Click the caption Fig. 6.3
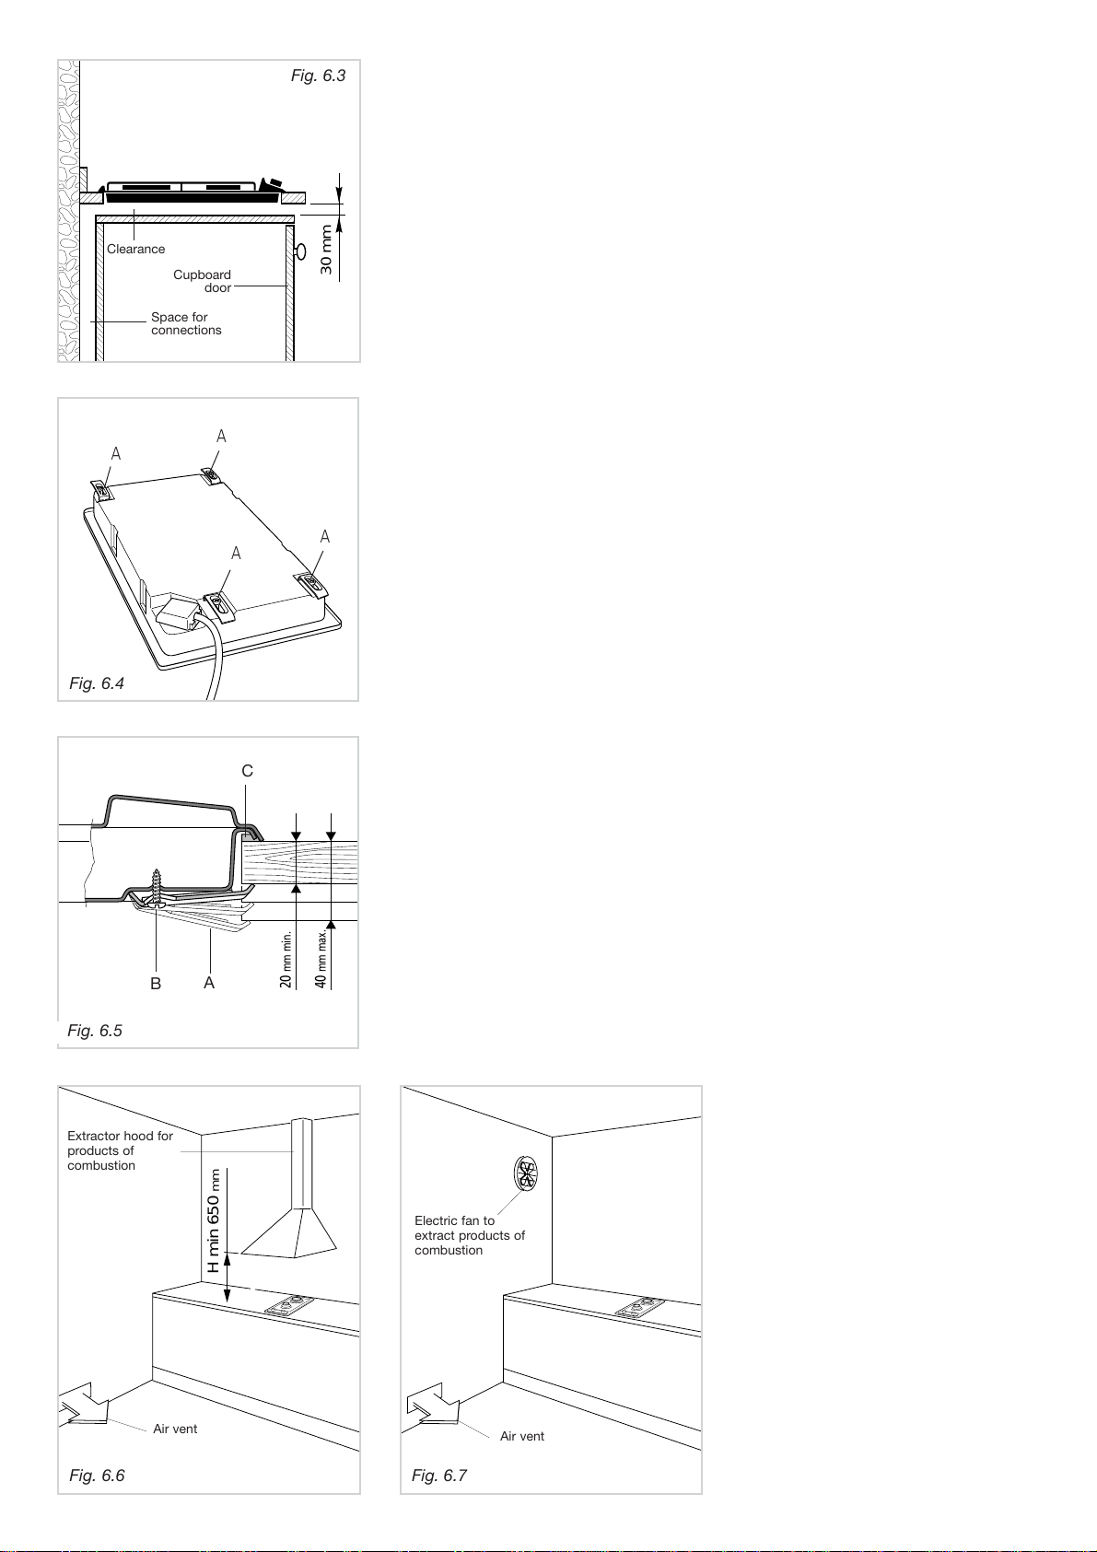point(318,76)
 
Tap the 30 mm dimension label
point(326,251)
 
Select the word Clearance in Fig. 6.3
point(135,250)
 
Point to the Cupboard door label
point(203,281)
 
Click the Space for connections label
point(186,323)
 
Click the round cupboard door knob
point(301,251)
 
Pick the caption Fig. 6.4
point(97,683)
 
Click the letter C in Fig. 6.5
point(248,770)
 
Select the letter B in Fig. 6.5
point(156,983)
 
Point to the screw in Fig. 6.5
point(158,888)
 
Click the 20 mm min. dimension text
point(286,959)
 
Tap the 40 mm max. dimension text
point(321,959)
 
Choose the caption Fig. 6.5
point(95,1031)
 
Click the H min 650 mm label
point(214,1220)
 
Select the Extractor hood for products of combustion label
point(120,1150)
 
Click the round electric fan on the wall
point(526,1173)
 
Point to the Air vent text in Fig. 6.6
point(175,1429)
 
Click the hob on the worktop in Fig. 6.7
point(640,1308)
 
